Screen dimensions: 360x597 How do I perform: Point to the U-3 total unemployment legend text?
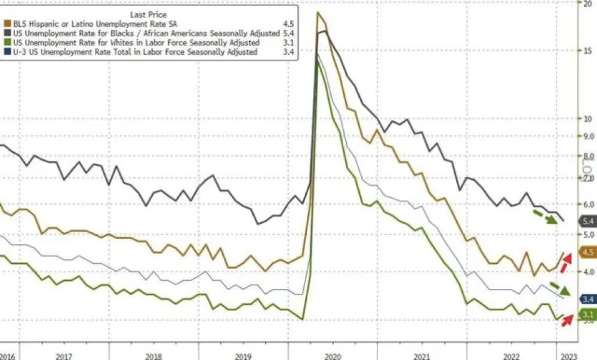pos(134,53)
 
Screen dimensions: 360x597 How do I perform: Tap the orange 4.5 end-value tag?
pos(586,253)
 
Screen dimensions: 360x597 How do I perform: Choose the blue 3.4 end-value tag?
pos(586,300)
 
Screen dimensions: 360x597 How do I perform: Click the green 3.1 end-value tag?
pos(586,315)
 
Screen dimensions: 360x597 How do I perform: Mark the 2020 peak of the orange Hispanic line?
pos(318,12)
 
